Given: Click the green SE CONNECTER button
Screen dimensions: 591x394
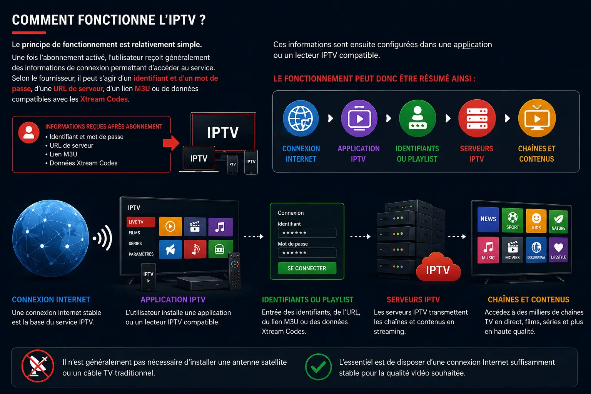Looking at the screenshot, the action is coord(307,268).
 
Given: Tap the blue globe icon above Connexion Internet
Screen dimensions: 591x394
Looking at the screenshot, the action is coord(301,118).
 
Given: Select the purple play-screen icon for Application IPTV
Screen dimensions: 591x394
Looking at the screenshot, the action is coord(359,118).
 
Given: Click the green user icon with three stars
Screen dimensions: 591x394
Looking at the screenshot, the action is coord(417,118).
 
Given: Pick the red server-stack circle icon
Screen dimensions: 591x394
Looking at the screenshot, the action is coord(477,118).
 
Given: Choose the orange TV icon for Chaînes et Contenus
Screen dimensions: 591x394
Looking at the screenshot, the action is coord(537,118).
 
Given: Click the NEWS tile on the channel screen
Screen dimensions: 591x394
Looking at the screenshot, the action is coord(488,219).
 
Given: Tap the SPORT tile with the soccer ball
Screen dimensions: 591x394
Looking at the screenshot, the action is coord(513,220).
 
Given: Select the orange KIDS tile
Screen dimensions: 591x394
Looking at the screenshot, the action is coord(536,221).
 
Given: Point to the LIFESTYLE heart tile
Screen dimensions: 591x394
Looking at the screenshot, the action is coord(558,250).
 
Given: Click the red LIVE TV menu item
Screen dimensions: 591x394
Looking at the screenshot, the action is coord(141,222).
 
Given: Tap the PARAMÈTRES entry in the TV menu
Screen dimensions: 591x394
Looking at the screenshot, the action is coord(141,254).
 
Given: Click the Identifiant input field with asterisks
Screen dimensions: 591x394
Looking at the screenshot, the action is coord(307,233).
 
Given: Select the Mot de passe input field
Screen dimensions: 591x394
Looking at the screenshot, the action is coord(307,252).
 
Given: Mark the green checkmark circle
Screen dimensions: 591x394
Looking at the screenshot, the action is coord(318,367).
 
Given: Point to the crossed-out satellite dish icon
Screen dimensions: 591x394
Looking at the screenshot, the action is coord(38,366).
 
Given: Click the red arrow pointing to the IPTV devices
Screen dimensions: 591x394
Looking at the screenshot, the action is coord(171,143).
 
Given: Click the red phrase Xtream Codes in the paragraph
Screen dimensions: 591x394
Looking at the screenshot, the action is coord(104,99).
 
